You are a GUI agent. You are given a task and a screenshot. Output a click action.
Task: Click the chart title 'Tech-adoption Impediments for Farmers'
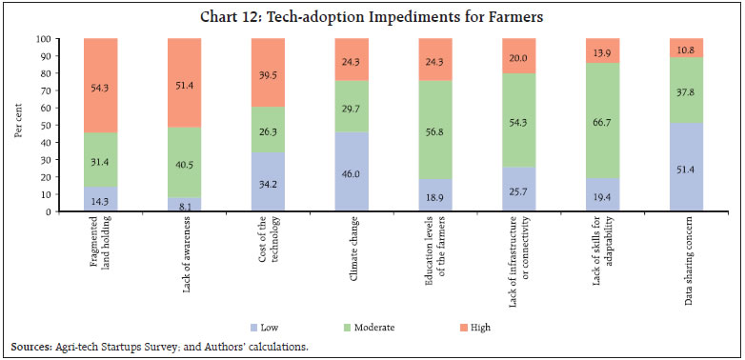tap(372, 13)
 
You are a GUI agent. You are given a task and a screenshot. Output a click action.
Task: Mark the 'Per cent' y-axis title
tap(18, 125)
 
